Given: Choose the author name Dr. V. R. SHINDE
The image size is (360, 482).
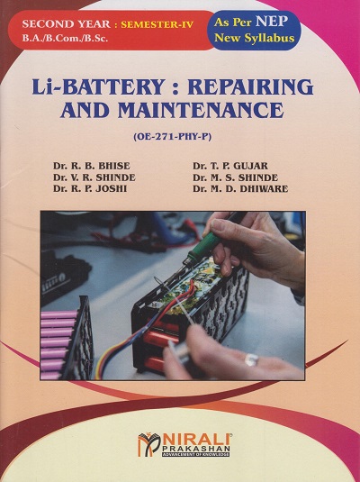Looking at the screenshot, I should (95, 177).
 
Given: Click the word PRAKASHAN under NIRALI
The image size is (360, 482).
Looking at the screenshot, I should (193, 450).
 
